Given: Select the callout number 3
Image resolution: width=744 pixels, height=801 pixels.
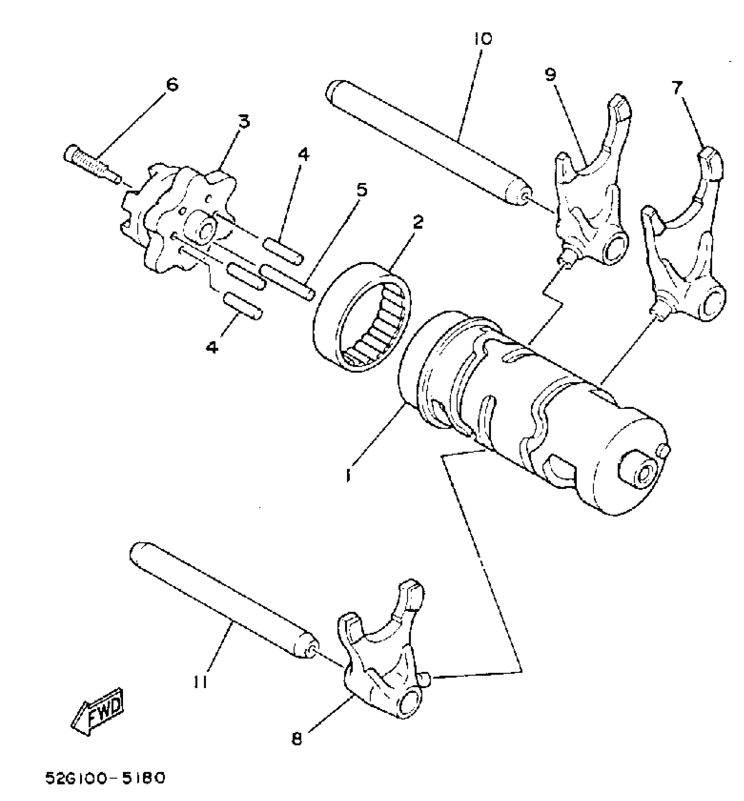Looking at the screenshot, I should (x=243, y=121).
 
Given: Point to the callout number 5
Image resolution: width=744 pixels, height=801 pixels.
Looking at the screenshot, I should (x=361, y=190).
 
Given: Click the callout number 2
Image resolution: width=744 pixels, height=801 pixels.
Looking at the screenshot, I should (x=418, y=222).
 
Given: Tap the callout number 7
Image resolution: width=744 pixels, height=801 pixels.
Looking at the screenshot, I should (x=677, y=89).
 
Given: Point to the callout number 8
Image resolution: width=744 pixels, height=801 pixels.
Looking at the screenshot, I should (x=297, y=739).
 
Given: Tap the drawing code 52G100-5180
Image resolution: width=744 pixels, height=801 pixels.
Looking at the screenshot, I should (x=105, y=779).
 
